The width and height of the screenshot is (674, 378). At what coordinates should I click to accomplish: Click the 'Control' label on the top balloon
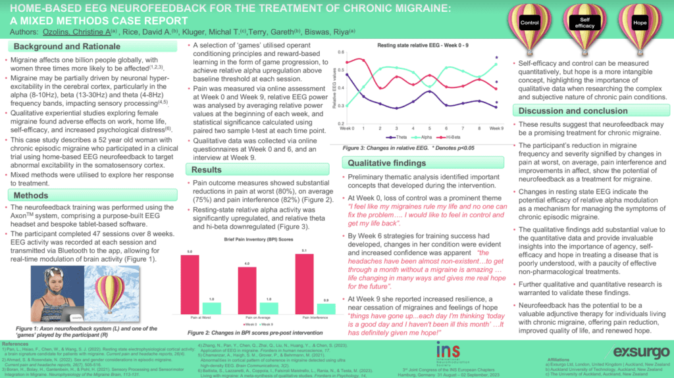coord(531,22)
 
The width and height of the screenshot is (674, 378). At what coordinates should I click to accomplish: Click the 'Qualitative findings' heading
coord(383,162)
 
